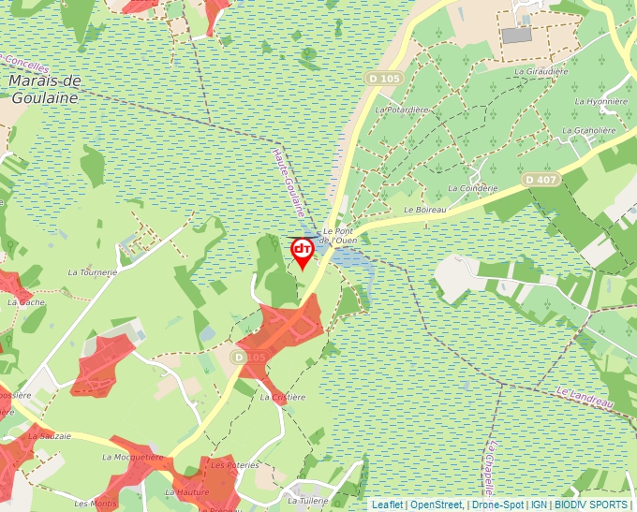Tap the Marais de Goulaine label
pyautogui.click(x=45, y=88)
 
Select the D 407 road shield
pyautogui.click(x=541, y=179)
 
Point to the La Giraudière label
pyautogui.click(x=541, y=71)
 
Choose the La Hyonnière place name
pyautogui.click(x=599, y=101)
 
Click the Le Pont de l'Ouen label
pyautogui.click(x=339, y=235)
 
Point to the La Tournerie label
pyautogui.click(x=93, y=272)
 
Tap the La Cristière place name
pyautogui.click(x=283, y=397)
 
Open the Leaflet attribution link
pyautogui.click(x=387, y=505)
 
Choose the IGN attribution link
pyautogui.click(x=539, y=505)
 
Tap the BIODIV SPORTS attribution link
pyautogui.click(x=591, y=505)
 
